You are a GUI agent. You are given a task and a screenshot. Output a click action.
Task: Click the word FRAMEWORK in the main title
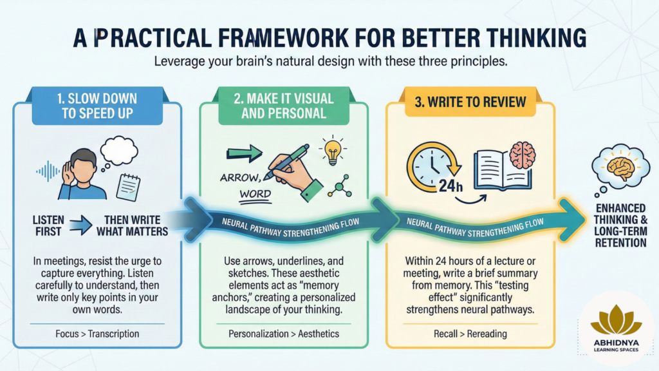pos(283,38)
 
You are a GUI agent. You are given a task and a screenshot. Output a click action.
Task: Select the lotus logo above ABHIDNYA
pos(616,320)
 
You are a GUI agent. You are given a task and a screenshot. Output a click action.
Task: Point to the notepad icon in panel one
pos(128,187)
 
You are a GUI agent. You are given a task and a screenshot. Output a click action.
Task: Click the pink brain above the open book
pos(523,155)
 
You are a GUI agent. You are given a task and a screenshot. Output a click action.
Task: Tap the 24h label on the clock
pos(450,185)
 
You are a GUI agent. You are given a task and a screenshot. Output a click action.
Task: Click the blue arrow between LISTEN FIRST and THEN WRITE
pos(80,225)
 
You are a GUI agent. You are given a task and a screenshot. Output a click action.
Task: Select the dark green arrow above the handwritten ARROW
pos(244,153)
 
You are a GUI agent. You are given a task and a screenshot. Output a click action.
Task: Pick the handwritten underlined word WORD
pos(255,195)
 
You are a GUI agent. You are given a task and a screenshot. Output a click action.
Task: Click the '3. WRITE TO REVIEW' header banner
pos(470,102)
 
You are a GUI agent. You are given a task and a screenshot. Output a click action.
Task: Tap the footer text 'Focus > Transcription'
pos(97,334)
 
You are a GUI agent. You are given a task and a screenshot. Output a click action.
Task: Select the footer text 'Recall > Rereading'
pos(470,334)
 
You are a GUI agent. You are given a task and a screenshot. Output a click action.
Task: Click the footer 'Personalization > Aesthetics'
pos(284,334)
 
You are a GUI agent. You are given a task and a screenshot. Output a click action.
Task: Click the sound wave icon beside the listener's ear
pos(48,171)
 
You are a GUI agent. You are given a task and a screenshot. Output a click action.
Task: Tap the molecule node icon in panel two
pos(340,186)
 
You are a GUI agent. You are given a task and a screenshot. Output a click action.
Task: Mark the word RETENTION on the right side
pos(620,243)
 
